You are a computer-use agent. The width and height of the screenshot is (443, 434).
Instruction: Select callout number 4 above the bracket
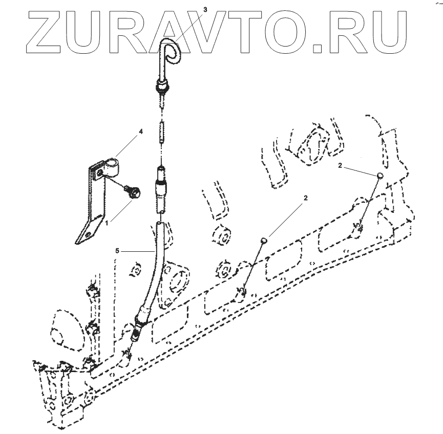click(141, 131)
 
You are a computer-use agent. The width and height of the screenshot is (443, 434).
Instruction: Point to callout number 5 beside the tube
click(117, 251)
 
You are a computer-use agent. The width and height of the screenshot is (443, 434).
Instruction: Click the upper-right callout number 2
click(340, 166)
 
